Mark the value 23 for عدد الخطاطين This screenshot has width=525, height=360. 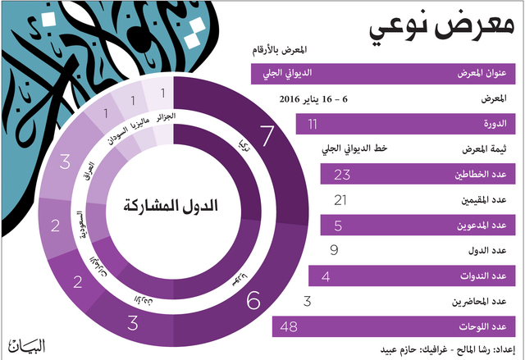343,174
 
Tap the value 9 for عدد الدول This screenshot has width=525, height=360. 334,251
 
